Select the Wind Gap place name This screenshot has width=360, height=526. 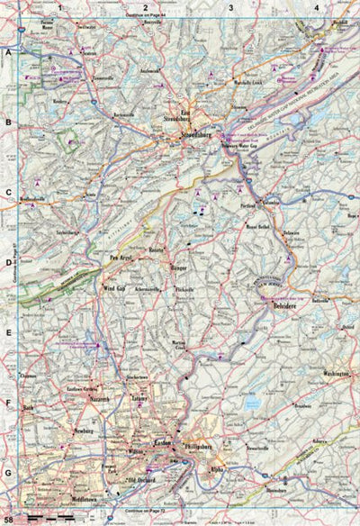click(x=113, y=288)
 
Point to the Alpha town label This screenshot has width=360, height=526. click(x=217, y=469)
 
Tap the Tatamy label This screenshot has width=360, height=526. click(x=139, y=397)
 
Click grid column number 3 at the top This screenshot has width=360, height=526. click(x=231, y=7)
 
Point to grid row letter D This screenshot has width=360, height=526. click(x=8, y=264)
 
